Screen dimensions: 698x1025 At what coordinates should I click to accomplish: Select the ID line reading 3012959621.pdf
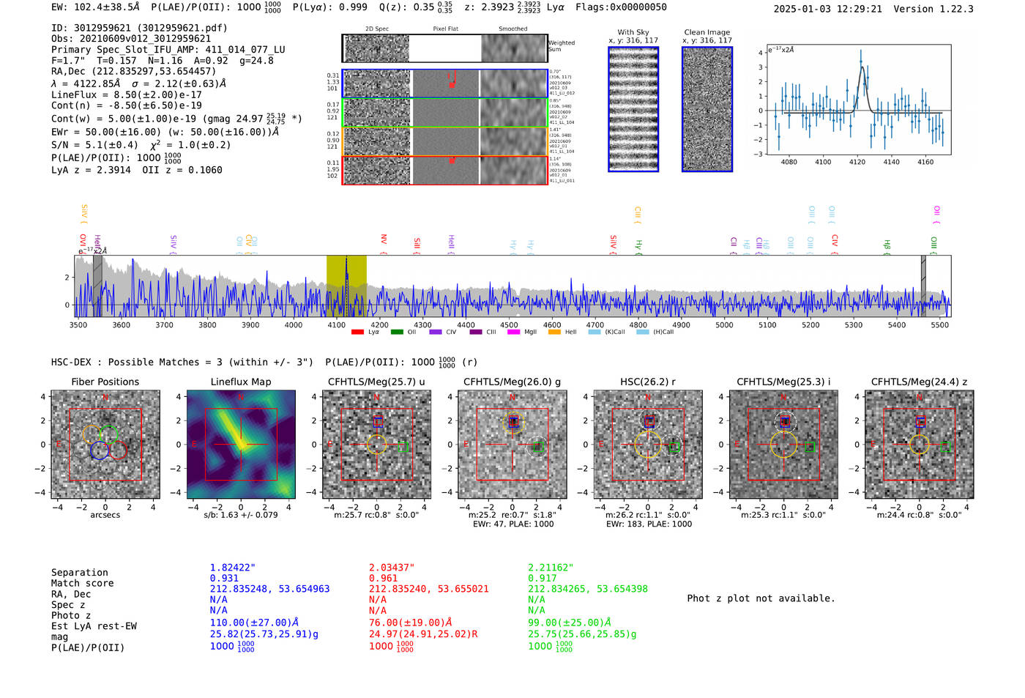point(139,28)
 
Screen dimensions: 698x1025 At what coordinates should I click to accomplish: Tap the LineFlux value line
point(127,94)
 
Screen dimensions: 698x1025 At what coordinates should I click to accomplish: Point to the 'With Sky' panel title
point(633,32)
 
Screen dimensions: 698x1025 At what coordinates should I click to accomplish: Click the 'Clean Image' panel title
point(707,32)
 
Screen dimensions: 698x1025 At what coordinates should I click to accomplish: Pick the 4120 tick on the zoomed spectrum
point(857,162)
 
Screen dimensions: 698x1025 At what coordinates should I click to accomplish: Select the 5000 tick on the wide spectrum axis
point(724,324)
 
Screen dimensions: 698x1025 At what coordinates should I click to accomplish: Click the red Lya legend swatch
point(357,333)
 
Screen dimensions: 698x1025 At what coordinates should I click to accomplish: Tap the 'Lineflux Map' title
point(240,382)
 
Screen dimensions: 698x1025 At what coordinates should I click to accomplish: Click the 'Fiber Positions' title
point(105,382)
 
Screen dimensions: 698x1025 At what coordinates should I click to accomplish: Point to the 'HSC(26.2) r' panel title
point(647,382)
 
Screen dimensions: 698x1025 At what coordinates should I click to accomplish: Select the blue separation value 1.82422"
point(233,568)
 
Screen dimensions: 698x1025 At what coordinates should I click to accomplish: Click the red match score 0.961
point(384,579)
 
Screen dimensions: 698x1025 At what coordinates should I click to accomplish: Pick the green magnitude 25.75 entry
point(582,634)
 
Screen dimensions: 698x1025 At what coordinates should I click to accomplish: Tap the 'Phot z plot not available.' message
point(761,598)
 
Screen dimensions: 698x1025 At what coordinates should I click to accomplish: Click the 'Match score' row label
point(82,583)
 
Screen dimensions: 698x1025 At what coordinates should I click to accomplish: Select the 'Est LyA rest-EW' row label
point(94,626)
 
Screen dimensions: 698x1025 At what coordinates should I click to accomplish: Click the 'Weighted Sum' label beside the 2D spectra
point(562,46)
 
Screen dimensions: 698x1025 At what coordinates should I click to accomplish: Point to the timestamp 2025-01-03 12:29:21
point(827,9)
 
